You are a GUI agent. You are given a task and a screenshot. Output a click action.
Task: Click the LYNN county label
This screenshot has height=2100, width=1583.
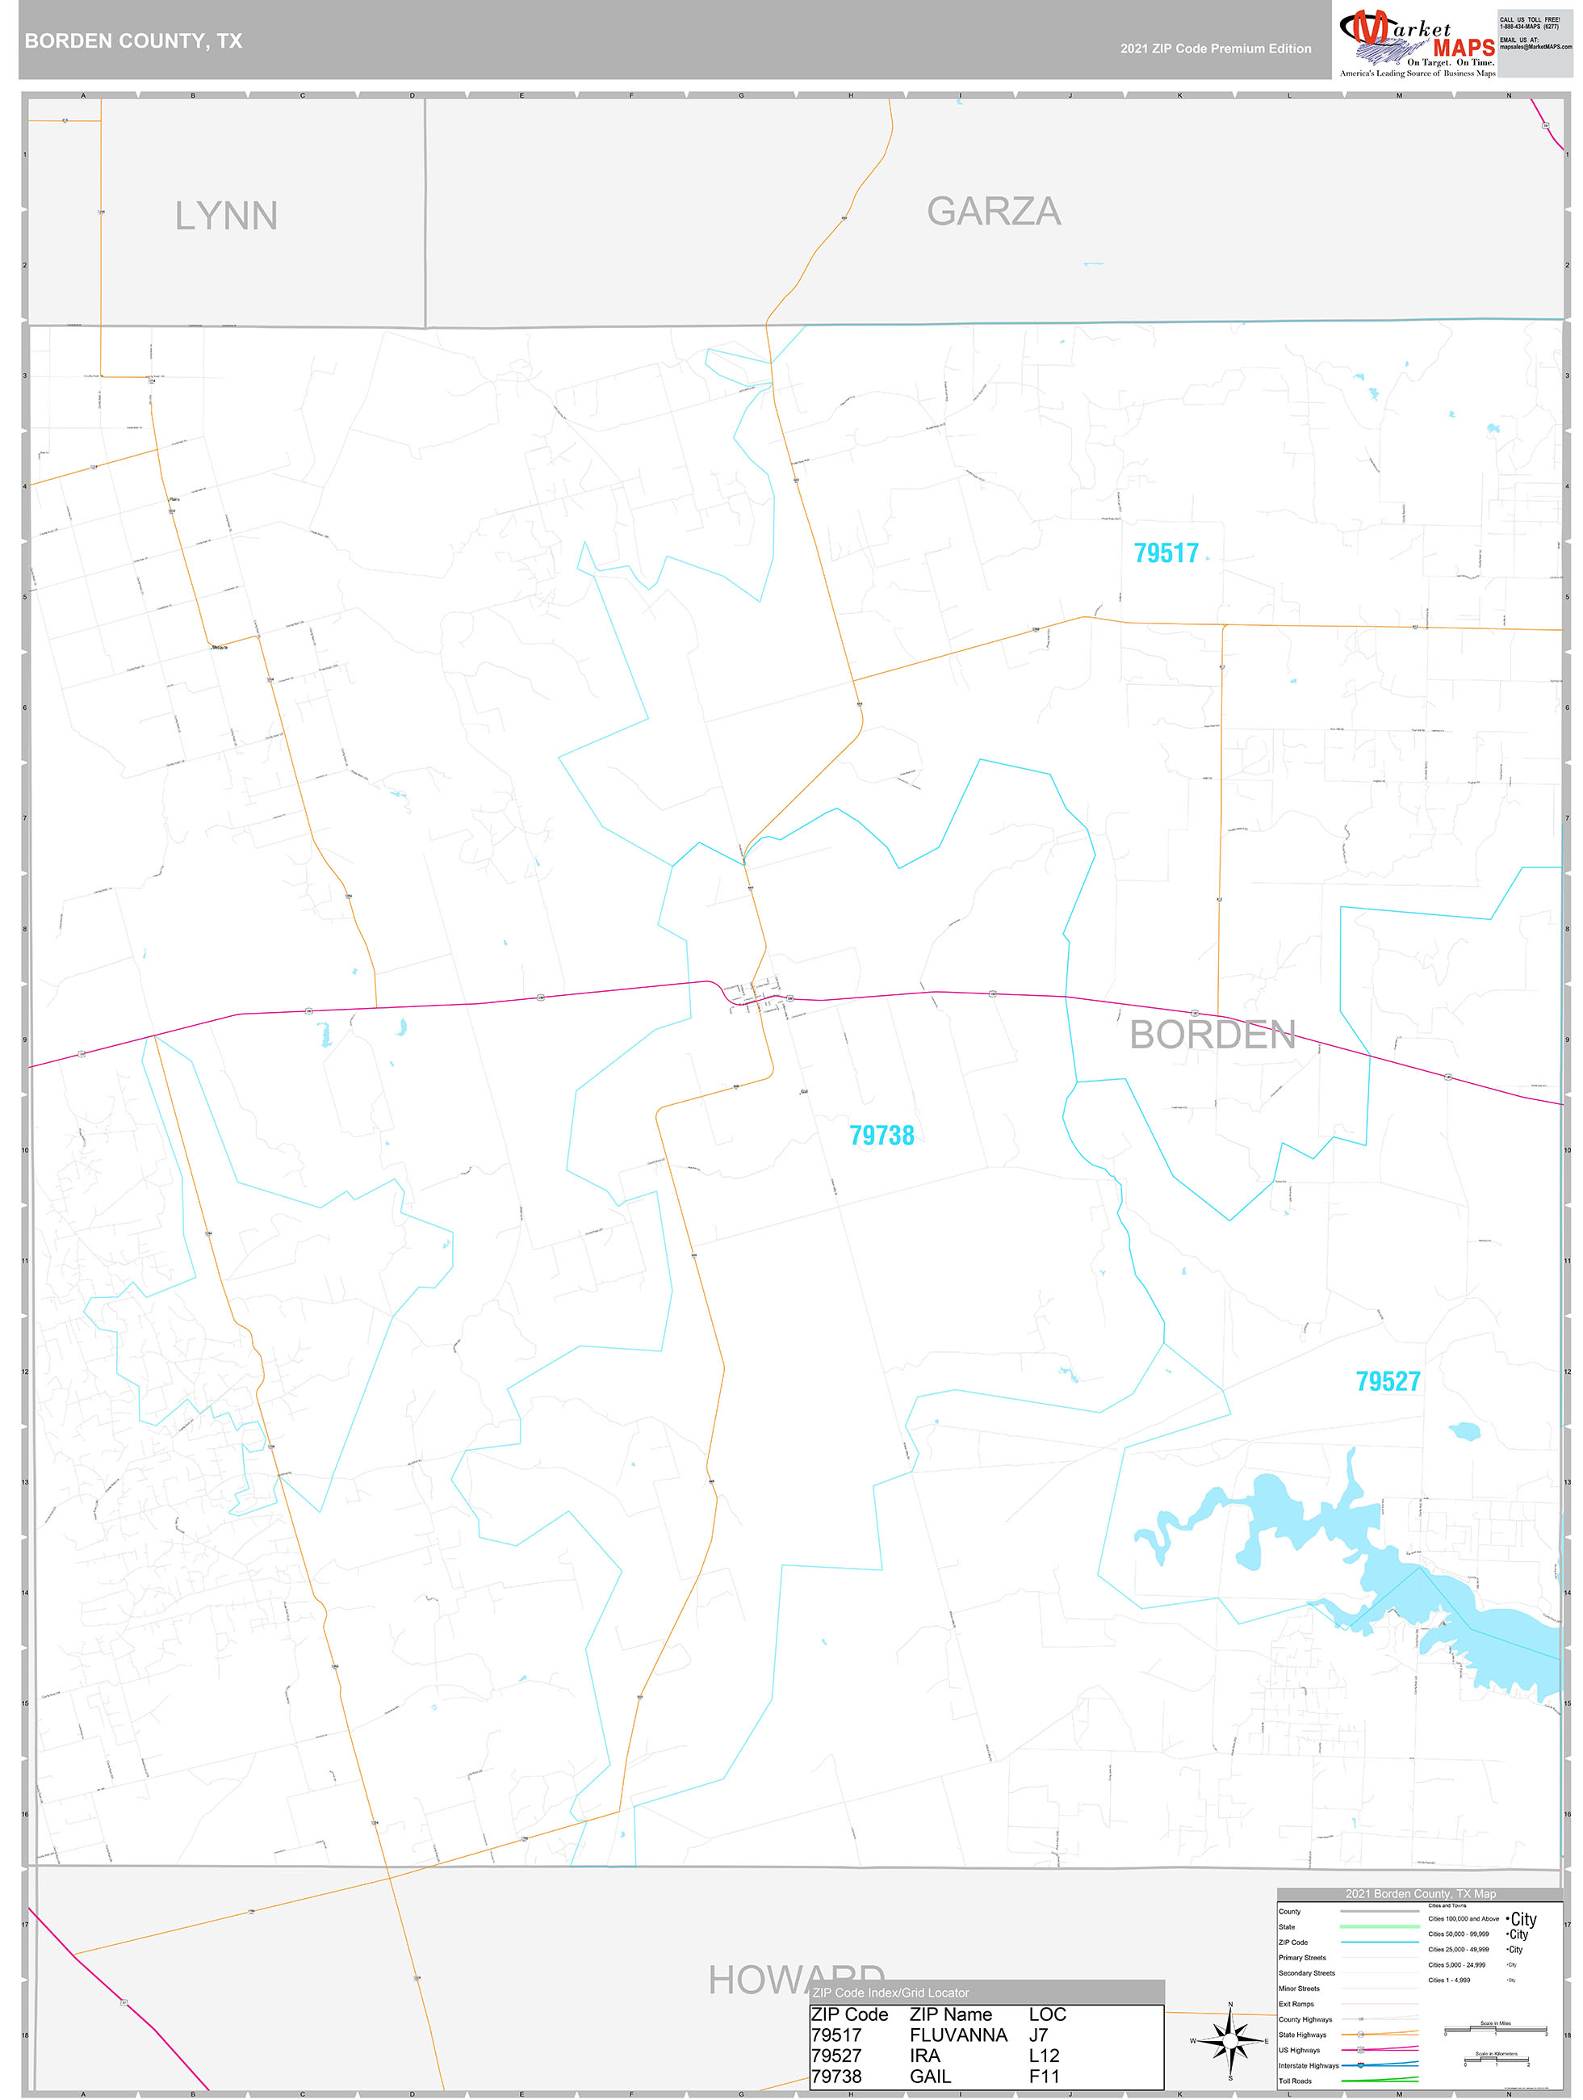click(226, 216)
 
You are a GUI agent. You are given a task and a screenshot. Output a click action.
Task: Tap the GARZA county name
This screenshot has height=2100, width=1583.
click(993, 212)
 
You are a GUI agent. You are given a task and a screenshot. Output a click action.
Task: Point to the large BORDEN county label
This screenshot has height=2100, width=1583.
click(1212, 1035)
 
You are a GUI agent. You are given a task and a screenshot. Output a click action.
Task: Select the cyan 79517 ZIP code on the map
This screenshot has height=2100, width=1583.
click(1166, 553)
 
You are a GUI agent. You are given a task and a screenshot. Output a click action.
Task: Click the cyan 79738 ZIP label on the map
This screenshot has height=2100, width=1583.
click(881, 1136)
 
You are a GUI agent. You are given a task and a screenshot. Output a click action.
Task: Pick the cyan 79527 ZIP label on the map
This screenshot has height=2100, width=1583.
click(1388, 1381)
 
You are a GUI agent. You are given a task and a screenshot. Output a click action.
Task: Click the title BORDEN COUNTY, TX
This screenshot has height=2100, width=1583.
click(134, 41)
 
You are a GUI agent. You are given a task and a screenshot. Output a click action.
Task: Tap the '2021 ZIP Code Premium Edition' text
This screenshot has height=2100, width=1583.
click(1215, 48)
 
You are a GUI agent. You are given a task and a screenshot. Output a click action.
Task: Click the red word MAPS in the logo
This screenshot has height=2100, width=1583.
click(1464, 48)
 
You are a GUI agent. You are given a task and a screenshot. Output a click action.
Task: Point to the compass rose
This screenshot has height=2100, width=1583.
click(1230, 2040)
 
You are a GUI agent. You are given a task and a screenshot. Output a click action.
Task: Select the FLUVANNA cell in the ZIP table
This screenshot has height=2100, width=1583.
click(957, 2035)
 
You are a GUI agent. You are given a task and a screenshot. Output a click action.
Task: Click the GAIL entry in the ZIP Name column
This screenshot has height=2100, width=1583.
click(930, 2077)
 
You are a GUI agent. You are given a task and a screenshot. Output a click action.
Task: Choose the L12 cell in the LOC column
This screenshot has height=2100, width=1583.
click(1044, 2056)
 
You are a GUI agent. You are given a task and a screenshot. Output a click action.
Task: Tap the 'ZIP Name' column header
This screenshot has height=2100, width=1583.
click(950, 2014)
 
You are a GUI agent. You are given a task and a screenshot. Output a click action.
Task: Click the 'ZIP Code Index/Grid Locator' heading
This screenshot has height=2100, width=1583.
click(890, 1993)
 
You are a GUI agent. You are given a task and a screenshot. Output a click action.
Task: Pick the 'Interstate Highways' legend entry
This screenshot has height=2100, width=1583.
click(1308, 2066)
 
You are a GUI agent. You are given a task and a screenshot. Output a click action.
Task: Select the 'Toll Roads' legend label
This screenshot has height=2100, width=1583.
click(1295, 2081)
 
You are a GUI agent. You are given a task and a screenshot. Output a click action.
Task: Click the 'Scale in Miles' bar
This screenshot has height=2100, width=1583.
click(1495, 2031)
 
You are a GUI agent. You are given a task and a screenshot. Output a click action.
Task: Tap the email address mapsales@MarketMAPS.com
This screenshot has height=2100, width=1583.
click(1535, 47)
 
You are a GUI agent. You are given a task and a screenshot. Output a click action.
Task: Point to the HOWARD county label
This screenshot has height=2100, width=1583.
click(795, 1979)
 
